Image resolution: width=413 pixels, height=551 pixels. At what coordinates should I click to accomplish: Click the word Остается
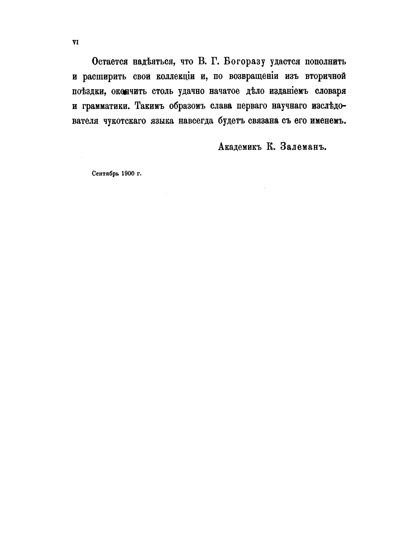(109, 62)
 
